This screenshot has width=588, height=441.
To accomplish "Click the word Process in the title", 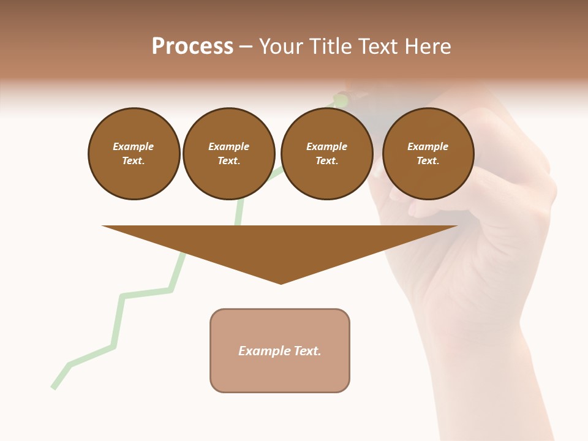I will click(192, 47).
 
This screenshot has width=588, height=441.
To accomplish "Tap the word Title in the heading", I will click(328, 47).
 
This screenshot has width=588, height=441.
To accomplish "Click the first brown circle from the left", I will click(134, 154).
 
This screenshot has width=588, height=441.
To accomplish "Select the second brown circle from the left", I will click(229, 154).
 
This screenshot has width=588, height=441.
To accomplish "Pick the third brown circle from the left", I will click(327, 154).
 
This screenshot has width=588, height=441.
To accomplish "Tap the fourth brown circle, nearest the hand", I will click(428, 154).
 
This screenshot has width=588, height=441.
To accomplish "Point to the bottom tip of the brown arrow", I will click(281, 283).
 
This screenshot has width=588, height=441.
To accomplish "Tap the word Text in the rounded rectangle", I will click(307, 351).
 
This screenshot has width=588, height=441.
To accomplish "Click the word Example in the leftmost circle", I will click(134, 146).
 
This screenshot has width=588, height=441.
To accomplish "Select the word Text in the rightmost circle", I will click(428, 161).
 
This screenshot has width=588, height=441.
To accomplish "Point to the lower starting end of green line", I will click(54, 386).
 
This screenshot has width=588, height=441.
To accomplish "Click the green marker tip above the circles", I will click(341, 99).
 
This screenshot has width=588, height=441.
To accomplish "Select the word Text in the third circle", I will click(326, 161).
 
